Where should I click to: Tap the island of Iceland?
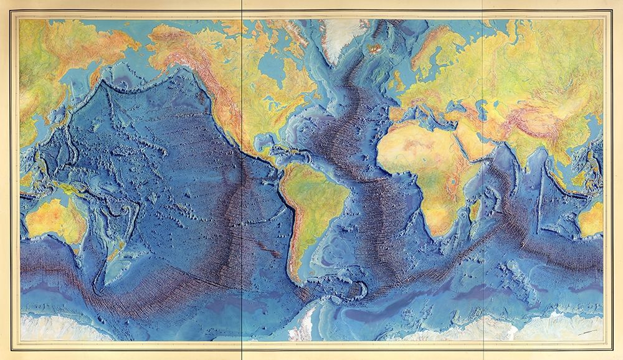[x=375, y=47]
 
